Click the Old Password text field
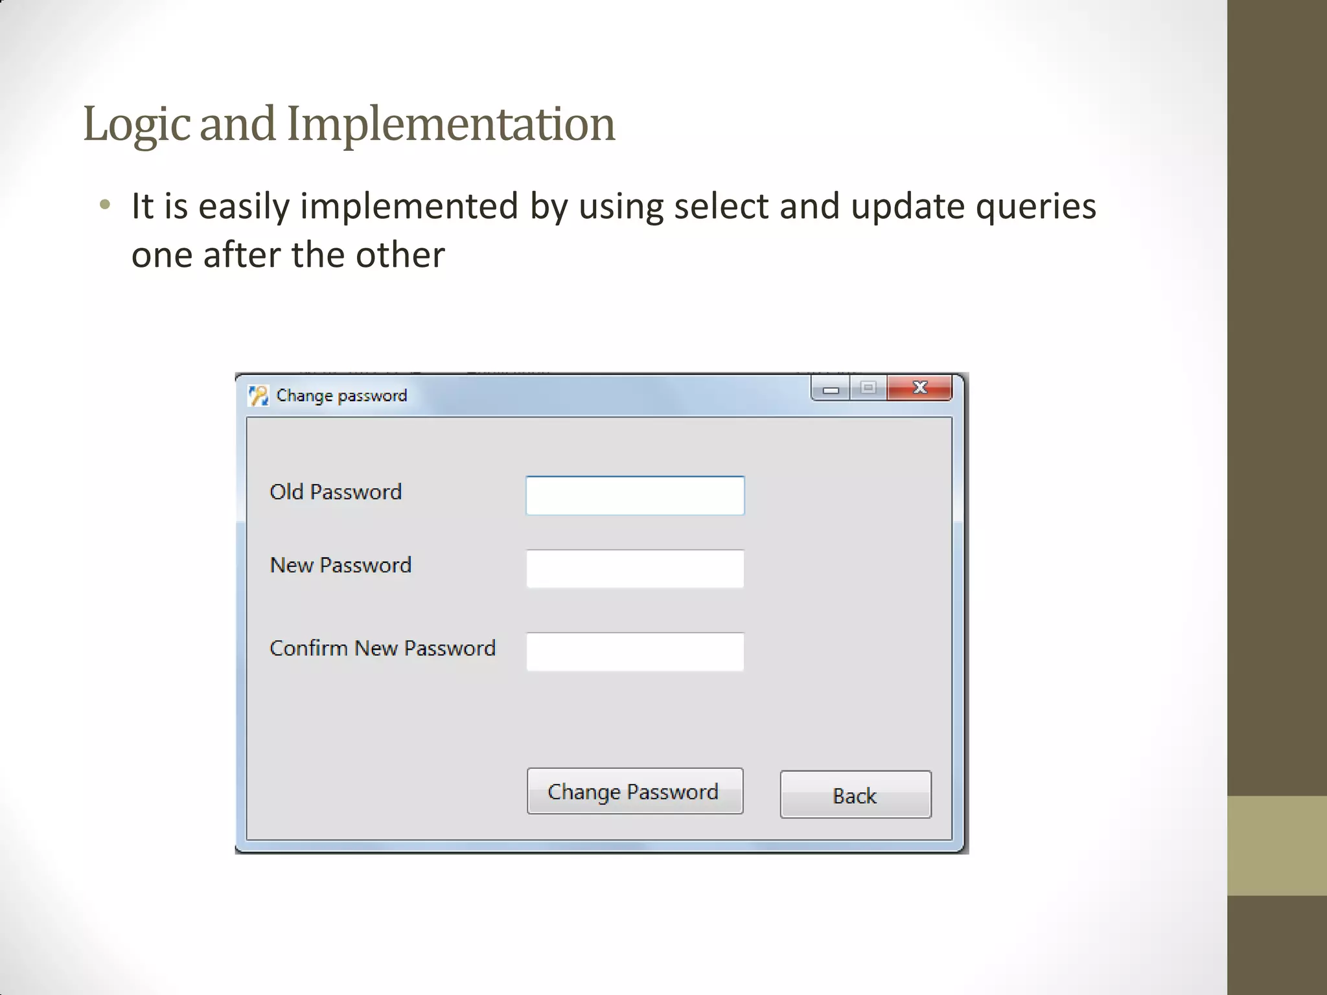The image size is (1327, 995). point(635,496)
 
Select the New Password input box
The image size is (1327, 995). point(635,569)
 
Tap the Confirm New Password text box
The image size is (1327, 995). point(635,651)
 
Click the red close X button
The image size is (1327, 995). point(919,388)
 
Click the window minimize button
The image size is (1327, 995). point(831,389)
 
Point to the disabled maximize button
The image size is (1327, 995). point(868,388)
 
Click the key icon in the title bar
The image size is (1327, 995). point(259,395)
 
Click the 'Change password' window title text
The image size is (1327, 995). point(341,395)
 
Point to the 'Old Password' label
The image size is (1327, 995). point(336,492)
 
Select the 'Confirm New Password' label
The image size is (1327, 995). point(382,648)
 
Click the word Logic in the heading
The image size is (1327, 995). point(137,124)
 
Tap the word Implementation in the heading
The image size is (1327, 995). point(451,124)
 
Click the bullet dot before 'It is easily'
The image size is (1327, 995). point(105,205)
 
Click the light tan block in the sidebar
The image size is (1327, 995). point(1276,845)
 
